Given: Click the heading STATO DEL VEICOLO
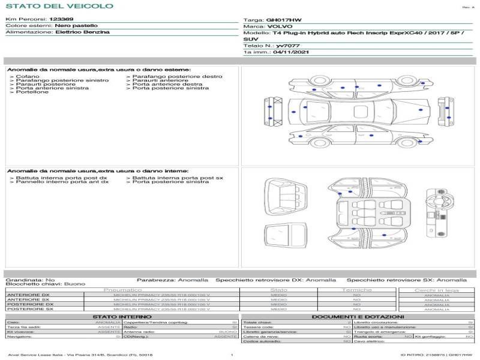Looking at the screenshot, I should coord(59,6).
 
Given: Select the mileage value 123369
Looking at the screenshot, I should coord(61,19).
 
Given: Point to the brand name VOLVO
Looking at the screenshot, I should coord(281,26).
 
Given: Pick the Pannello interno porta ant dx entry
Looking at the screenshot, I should coord(62,182).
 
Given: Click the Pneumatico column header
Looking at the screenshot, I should coord(122,290).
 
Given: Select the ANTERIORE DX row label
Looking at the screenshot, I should coord(28,295).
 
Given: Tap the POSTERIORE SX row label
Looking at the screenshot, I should coord(29,309).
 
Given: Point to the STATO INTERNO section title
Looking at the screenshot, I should coord(122,316).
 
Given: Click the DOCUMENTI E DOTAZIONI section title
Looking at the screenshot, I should coord(358,316).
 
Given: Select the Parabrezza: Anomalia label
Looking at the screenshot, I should coord(172,280).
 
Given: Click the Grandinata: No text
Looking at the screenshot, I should coord(30,280).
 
